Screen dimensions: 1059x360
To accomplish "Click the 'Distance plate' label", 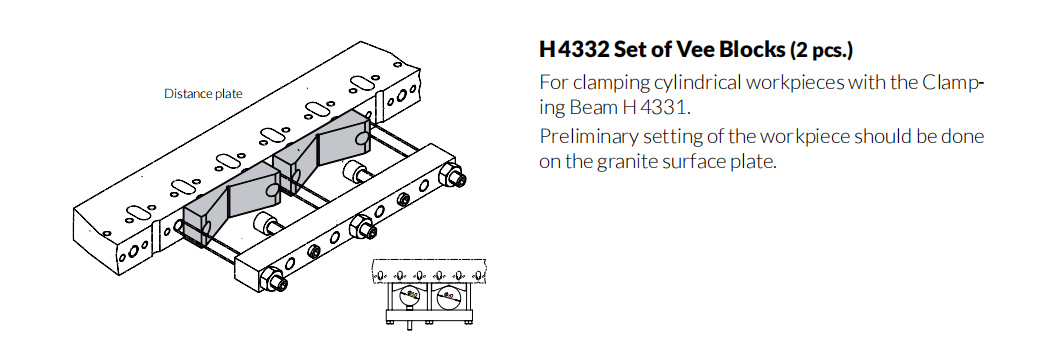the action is click(x=203, y=94).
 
